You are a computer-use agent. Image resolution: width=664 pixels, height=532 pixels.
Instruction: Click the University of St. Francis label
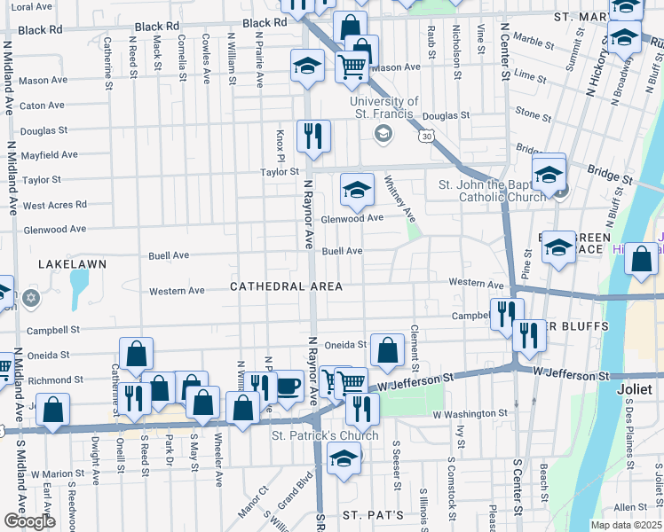383,106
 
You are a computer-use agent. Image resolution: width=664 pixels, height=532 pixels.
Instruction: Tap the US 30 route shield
428,137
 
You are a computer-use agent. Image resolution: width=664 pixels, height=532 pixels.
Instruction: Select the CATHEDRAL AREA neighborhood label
286,286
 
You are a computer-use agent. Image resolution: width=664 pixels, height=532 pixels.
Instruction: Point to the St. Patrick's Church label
325,435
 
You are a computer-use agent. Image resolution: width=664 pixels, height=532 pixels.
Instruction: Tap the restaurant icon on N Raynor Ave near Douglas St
313,136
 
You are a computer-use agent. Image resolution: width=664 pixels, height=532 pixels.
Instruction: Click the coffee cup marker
289,386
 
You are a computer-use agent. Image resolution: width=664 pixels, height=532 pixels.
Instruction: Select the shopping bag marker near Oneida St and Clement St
387,350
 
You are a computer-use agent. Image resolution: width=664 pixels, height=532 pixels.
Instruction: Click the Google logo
29,521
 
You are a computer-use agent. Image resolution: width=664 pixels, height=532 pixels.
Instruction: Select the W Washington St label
470,413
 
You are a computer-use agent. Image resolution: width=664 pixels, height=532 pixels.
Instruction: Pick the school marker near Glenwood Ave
357,189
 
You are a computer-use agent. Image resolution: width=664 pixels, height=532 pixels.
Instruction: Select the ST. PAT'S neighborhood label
374,515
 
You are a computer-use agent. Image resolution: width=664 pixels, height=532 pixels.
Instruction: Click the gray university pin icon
383,133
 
